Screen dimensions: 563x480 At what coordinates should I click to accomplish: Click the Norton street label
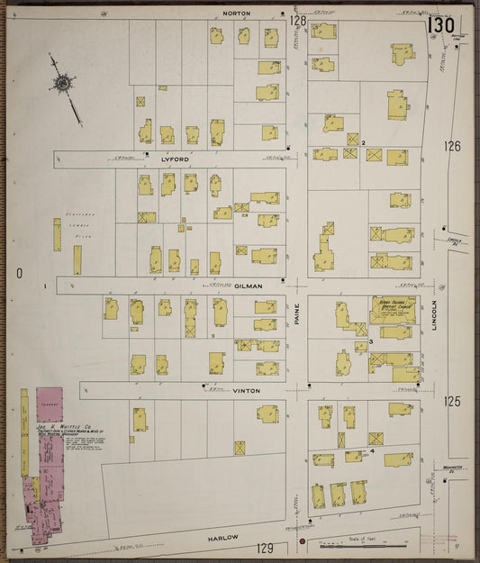[236, 13]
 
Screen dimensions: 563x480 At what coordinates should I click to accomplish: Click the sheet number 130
[440, 25]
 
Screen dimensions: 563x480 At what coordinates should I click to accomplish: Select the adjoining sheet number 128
[298, 19]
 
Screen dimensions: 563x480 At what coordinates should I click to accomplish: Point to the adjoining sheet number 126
[451, 146]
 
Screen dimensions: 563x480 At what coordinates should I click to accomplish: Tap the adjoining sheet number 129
[263, 548]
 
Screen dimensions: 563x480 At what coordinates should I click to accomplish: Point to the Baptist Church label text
[394, 307]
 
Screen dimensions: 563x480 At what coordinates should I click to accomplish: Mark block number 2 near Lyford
[363, 143]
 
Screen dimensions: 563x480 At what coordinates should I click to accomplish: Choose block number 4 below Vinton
[371, 449]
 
